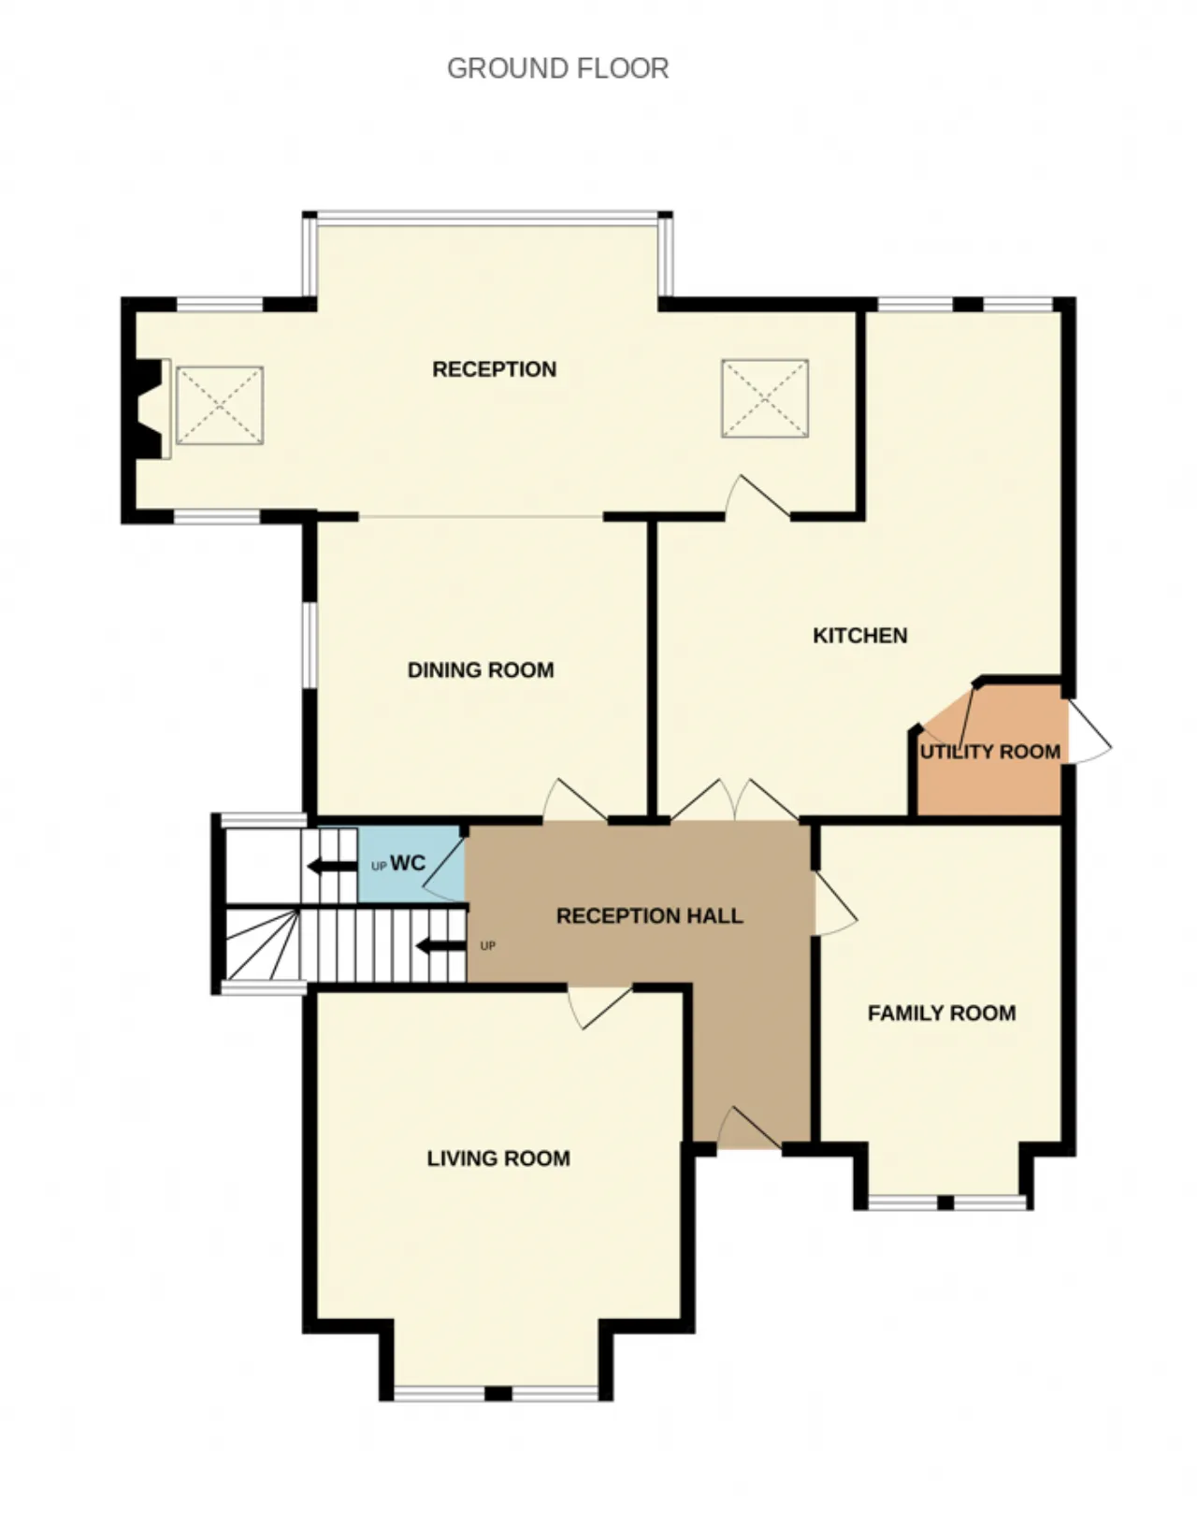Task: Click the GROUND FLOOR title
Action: point(557,69)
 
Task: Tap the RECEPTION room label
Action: point(495,369)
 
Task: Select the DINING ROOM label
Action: point(481,669)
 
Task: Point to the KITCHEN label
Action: point(859,636)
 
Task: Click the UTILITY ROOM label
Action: point(990,752)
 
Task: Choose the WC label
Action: point(408,863)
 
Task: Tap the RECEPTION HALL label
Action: point(649,916)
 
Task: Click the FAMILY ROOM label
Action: point(942,1013)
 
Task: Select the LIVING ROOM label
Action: point(498,1157)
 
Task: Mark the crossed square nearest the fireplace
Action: point(220,406)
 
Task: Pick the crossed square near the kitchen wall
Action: point(765,398)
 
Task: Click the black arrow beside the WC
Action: point(332,866)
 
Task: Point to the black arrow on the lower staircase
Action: point(441,946)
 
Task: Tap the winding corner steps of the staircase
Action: point(262,944)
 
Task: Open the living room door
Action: point(599,1007)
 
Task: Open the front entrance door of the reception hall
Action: point(749,1128)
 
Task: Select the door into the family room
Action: point(835,902)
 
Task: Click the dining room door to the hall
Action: point(574,799)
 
